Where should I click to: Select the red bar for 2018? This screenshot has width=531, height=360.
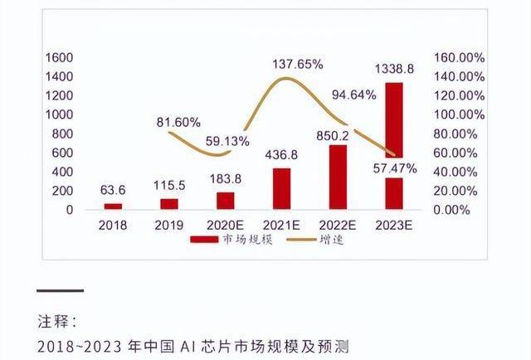pos(113,206)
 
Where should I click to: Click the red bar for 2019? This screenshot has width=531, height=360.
pos(169,203)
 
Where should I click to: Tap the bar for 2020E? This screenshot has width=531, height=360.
pos(226,201)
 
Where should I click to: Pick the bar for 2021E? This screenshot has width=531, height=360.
pos(282,188)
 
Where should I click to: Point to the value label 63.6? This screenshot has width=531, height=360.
pos(113,191)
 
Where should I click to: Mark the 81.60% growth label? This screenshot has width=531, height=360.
pos(178,122)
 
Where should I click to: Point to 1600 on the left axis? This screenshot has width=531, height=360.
pos(59,57)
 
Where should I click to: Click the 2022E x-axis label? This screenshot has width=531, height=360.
pos(339,225)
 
